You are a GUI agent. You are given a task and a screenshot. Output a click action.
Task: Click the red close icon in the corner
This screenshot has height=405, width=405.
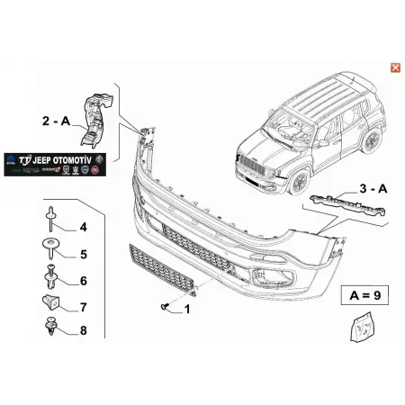pyautogui.click(x=393, y=67)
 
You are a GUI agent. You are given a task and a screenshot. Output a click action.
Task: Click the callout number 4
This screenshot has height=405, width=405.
pyautogui.click(x=83, y=227)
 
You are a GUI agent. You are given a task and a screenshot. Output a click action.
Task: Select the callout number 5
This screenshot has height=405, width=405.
pyautogui.click(x=83, y=254)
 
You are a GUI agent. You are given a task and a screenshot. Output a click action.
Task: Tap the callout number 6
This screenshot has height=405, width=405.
pyautogui.click(x=83, y=281)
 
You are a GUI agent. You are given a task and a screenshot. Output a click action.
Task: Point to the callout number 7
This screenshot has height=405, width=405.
pyautogui.click(x=83, y=307)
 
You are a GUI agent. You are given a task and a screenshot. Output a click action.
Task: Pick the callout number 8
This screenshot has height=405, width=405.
pyautogui.click(x=83, y=331)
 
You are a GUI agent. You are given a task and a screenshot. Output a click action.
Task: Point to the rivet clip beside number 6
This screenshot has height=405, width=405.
pyautogui.click(x=50, y=278)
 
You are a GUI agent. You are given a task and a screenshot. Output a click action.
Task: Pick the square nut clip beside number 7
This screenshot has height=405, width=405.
pyautogui.click(x=50, y=305)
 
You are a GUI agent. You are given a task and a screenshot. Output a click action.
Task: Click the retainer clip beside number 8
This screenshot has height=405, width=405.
pyautogui.click(x=50, y=330)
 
